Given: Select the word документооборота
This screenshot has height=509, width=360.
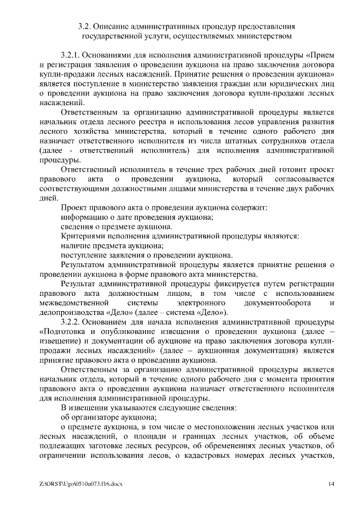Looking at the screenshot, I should pyautogui.click(x=281, y=303).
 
